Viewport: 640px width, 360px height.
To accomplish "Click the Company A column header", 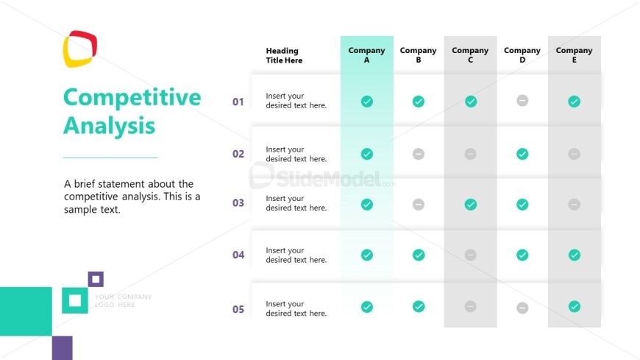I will click(x=366, y=55).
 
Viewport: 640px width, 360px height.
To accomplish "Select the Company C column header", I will click(x=470, y=55).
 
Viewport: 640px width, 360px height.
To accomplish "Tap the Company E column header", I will click(x=574, y=55).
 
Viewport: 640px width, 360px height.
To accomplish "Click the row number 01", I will click(x=238, y=102).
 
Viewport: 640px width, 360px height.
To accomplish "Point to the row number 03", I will click(x=238, y=203).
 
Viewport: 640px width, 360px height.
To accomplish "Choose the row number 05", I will click(x=238, y=309).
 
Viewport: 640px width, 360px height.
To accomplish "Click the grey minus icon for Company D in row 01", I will click(x=522, y=101).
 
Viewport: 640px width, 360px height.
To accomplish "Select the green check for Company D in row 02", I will click(x=522, y=154).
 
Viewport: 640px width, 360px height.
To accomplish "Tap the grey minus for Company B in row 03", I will click(x=419, y=204).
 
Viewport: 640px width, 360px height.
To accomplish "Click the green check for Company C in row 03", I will click(x=471, y=204).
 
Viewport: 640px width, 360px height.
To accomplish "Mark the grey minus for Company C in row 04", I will click(x=471, y=255).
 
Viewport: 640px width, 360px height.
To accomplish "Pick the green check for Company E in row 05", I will click(x=575, y=306).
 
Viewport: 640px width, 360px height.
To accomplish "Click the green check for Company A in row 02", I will click(x=367, y=154).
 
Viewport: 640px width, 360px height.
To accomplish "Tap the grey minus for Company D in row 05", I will click(x=522, y=307).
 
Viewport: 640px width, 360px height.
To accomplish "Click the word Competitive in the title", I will click(x=132, y=97).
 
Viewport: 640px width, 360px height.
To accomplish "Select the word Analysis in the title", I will click(x=109, y=125).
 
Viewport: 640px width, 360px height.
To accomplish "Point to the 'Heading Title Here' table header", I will click(x=284, y=55).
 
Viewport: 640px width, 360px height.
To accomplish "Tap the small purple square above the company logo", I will click(x=96, y=279).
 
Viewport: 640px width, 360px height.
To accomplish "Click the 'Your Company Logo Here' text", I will click(x=123, y=300).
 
